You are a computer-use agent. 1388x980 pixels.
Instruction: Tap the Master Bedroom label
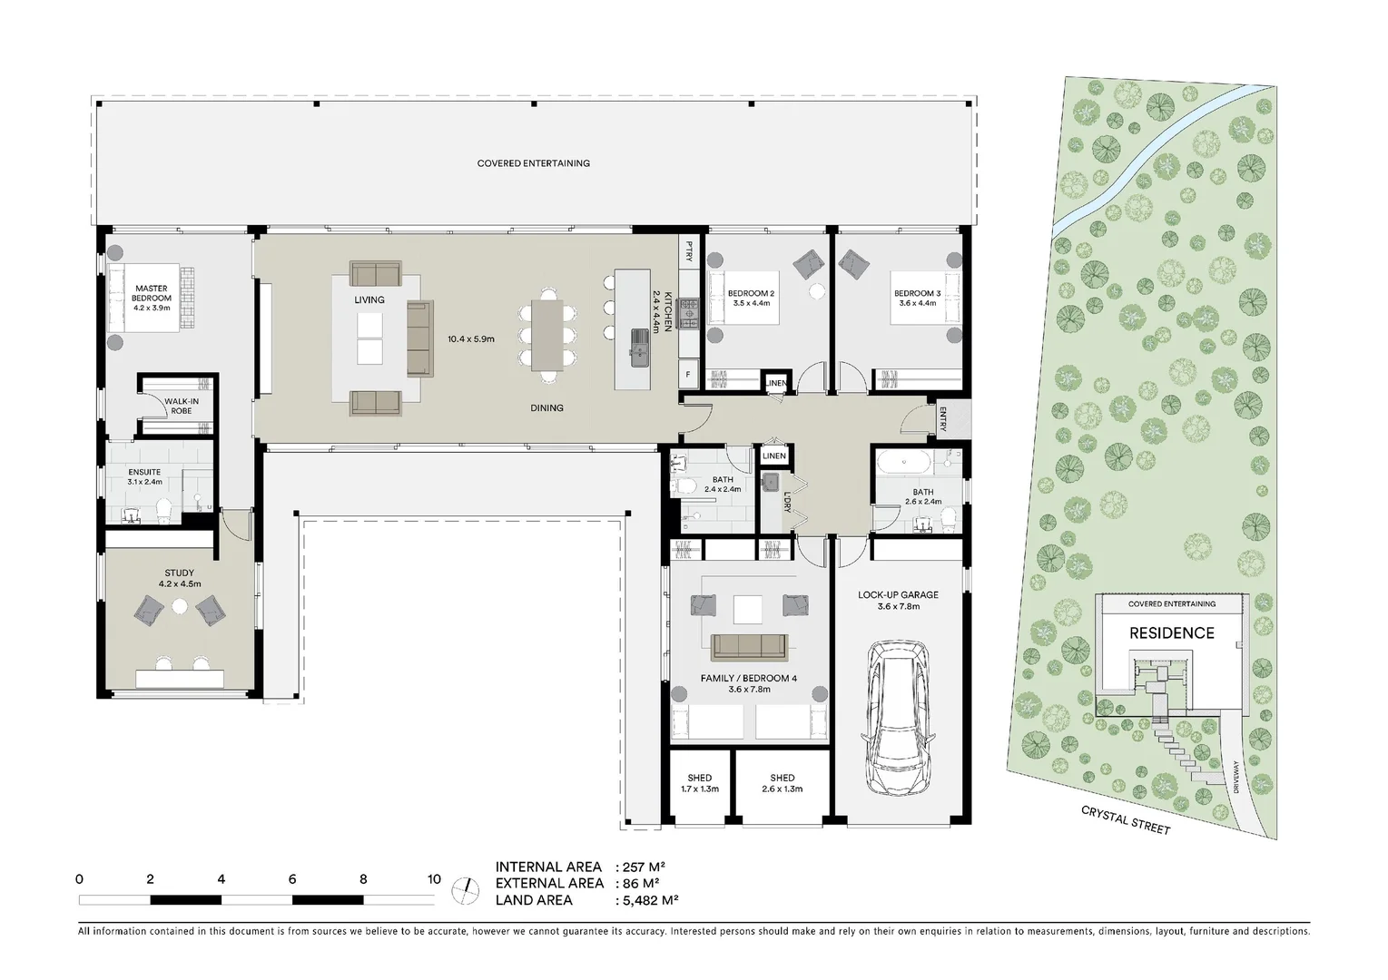[x=151, y=293]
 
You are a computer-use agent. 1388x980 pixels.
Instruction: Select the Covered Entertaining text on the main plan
[x=534, y=163]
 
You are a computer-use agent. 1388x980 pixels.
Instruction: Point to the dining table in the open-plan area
[x=546, y=334]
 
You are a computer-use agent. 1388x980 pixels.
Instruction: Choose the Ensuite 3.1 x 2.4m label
[x=144, y=477]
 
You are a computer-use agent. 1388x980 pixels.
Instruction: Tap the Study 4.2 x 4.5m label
[x=179, y=578]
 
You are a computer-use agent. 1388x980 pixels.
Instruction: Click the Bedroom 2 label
[x=751, y=293]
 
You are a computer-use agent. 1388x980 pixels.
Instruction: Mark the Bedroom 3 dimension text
[x=915, y=303]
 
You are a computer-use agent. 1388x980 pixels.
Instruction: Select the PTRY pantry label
[x=690, y=251]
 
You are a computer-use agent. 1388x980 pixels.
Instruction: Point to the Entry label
[x=943, y=419]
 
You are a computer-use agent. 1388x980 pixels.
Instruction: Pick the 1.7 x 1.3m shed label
[x=700, y=783]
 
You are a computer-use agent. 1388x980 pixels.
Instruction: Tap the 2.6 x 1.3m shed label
[x=783, y=783]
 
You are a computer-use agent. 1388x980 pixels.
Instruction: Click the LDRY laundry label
[x=788, y=504]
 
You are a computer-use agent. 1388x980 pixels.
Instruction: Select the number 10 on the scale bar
[x=434, y=878]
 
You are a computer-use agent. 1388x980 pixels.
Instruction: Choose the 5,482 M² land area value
[x=647, y=900]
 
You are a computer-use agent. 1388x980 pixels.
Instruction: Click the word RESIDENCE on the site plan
[x=1171, y=633]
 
